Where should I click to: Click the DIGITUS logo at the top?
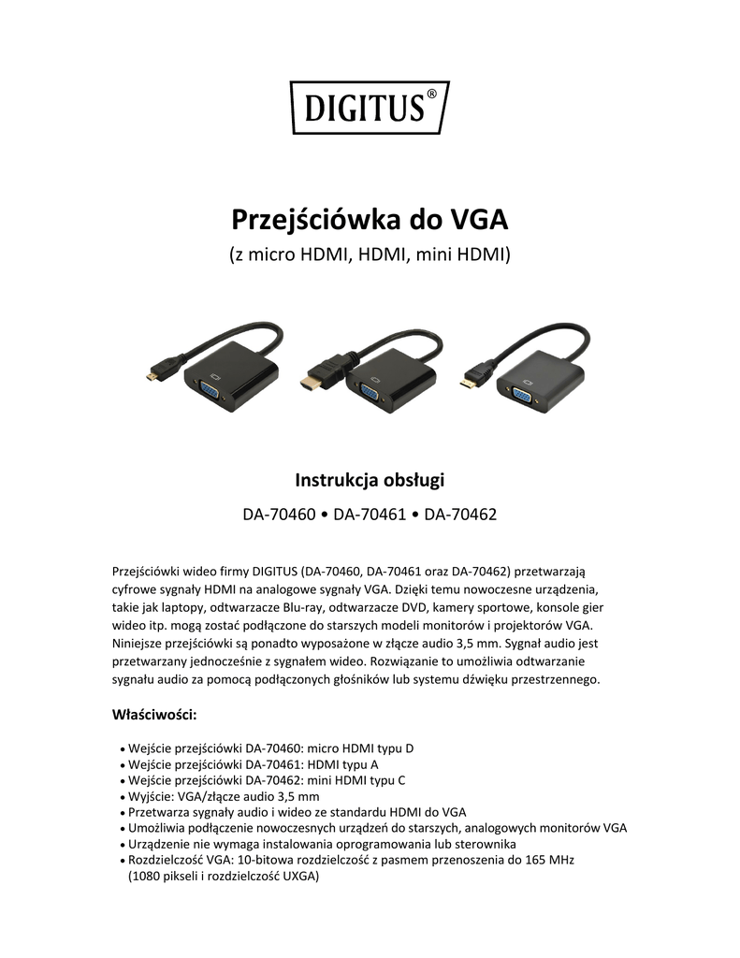point(369,108)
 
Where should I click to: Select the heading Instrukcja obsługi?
point(370,481)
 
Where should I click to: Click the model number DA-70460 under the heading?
point(278,514)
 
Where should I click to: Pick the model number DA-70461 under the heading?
point(370,514)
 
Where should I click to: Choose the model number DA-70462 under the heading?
point(460,514)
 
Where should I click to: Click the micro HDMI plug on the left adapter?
point(150,377)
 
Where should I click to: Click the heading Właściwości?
point(153,715)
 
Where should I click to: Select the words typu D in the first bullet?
point(393,748)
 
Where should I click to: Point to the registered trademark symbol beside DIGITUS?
point(430,94)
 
